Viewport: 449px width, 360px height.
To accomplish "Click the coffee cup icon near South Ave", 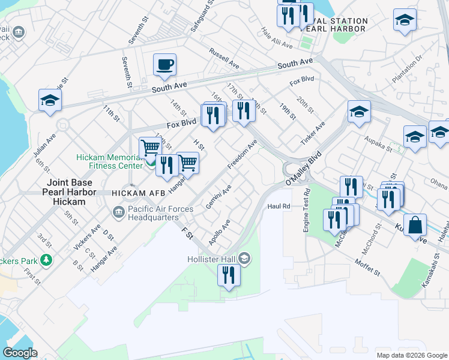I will [x=164, y=64].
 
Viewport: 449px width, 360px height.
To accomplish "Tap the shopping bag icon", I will [x=415, y=226].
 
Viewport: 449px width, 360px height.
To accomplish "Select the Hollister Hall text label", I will [x=211, y=258].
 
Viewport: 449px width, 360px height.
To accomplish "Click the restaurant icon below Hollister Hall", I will [x=228, y=275].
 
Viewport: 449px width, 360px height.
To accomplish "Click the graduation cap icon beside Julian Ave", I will [x=50, y=101].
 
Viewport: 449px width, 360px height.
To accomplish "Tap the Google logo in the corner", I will [x=20, y=352].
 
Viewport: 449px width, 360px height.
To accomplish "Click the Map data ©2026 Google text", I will [x=411, y=355].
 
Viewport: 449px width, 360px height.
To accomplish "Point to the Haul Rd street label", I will [x=279, y=206].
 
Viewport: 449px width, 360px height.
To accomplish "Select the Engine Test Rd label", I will [x=306, y=211].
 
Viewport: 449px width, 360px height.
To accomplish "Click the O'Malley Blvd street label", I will [x=304, y=166].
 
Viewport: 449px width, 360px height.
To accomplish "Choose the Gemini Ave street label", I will [x=219, y=197].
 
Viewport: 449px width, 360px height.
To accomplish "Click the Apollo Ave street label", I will [x=219, y=232].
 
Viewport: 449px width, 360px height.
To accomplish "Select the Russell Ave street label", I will [x=224, y=58].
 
